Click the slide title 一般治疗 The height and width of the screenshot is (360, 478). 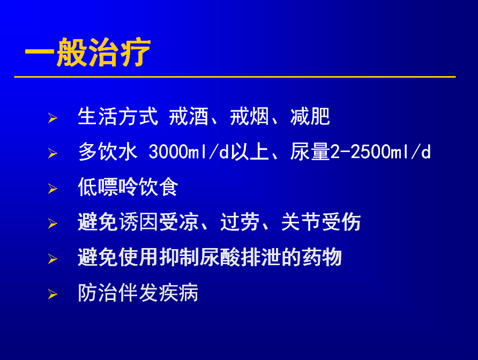point(88,52)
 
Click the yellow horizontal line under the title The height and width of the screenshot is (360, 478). point(235,77)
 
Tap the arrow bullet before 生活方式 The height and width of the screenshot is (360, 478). point(53,118)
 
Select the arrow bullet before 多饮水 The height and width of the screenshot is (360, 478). point(53,153)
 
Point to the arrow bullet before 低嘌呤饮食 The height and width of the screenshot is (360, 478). point(53,189)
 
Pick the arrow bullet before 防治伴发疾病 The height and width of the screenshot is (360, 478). point(53,295)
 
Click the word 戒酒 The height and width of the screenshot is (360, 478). point(189,116)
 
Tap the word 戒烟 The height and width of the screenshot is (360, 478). point(249,116)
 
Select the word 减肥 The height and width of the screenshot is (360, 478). point(310,116)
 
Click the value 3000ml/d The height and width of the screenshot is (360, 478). point(189,152)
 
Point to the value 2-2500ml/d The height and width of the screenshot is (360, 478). point(380,152)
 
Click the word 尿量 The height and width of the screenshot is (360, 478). point(310,152)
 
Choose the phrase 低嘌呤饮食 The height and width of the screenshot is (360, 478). point(128,187)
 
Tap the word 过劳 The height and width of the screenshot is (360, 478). point(240,222)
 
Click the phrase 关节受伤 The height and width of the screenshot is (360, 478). point(320,222)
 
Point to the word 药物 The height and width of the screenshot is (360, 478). point(322,257)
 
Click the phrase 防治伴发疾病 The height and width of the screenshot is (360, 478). point(138,292)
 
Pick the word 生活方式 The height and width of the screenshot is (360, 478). point(118,116)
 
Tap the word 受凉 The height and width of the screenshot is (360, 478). point(178,222)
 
